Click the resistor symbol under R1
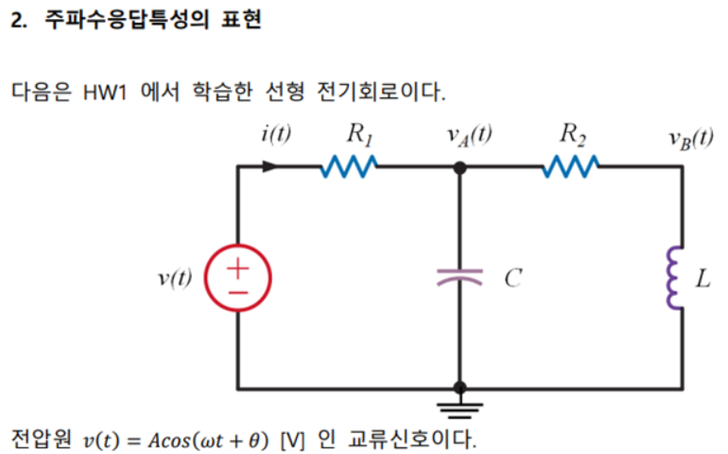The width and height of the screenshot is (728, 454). tap(351, 167)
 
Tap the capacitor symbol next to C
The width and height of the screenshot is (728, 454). tap(459, 277)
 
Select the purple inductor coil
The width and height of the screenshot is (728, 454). tap(676, 278)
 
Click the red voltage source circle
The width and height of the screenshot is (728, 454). tap(237, 278)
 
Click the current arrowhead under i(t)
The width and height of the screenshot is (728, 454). tap(270, 167)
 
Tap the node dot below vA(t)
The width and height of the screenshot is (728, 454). tap(459, 167)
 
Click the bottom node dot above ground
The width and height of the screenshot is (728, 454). tap(459, 388)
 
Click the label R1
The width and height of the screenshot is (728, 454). tap(359, 133)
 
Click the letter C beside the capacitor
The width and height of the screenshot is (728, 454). tap(511, 279)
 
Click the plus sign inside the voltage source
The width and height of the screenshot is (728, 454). tap(236, 266)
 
